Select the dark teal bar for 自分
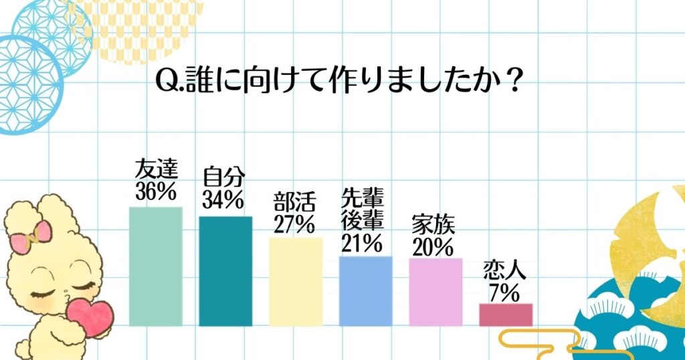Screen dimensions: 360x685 225,270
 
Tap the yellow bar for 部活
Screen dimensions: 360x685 296,281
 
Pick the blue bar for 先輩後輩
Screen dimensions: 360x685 366,290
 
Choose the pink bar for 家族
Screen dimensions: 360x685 435,292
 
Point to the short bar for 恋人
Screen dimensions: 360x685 506,314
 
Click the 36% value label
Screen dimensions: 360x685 155,192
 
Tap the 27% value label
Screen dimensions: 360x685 294,224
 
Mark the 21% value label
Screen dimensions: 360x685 361,243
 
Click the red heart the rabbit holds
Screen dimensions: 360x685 91,315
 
